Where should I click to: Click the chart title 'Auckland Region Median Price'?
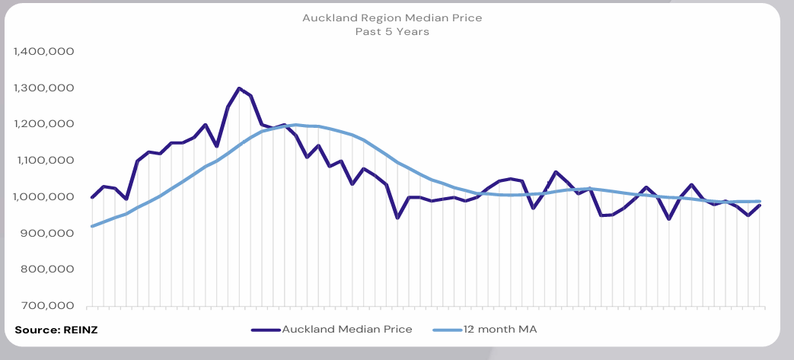(x=391, y=17)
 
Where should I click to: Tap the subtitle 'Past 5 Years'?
(x=391, y=31)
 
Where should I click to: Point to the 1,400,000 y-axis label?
(x=43, y=52)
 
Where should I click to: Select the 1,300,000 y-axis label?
(x=43, y=88)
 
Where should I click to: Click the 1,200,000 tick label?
(x=43, y=124)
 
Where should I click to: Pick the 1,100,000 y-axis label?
(x=43, y=161)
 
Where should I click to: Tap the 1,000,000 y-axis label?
(x=43, y=197)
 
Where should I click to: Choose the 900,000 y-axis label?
(x=47, y=234)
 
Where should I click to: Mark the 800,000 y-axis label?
(x=47, y=269)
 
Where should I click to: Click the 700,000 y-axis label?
(x=47, y=306)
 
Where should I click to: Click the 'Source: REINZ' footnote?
(x=56, y=330)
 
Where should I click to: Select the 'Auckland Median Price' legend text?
(x=346, y=330)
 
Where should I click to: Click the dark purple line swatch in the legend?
(x=264, y=330)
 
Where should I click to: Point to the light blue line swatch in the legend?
(x=446, y=330)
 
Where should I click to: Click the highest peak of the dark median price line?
(x=239, y=88)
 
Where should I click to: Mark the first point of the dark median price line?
(x=92, y=197)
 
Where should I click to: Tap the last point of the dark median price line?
(x=760, y=205)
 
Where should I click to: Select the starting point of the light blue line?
(x=92, y=226)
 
